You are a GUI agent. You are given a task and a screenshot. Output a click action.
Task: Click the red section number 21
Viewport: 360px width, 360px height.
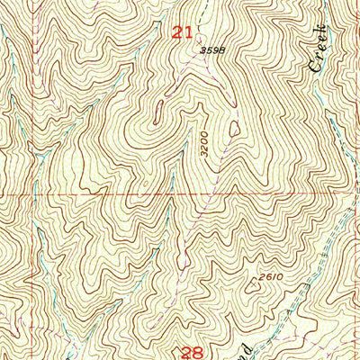tap(183, 33)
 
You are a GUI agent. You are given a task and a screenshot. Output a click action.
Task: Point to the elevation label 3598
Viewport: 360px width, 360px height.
tap(211, 51)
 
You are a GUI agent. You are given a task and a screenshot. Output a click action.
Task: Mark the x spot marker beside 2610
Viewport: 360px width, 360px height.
tap(252, 286)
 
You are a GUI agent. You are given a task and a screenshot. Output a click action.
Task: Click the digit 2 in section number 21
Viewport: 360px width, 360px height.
tap(177, 33)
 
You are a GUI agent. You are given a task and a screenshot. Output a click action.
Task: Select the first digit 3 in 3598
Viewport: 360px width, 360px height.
tap(202, 51)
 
